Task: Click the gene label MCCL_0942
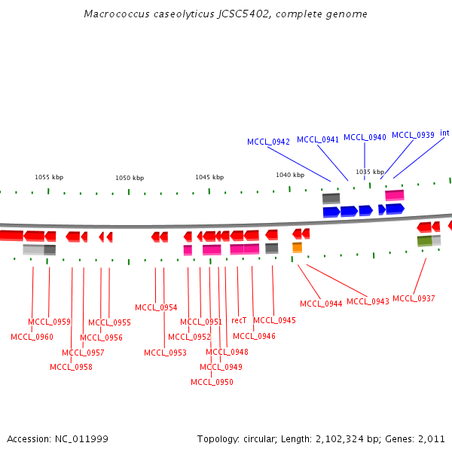click(x=268, y=142)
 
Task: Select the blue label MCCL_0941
click(x=318, y=139)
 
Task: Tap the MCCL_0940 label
click(x=365, y=137)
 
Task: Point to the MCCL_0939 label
click(x=413, y=135)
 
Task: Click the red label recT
click(x=239, y=320)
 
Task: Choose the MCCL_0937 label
click(x=414, y=298)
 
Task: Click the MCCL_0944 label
click(x=321, y=304)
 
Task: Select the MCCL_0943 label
click(x=368, y=301)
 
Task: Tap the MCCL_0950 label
click(x=212, y=382)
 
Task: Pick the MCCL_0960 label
click(x=32, y=337)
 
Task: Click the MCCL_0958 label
click(x=71, y=367)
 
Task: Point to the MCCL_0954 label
click(x=156, y=307)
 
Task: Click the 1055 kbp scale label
click(x=49, y=178)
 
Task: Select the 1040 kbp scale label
click(x=290, y=175)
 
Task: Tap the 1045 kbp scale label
click(x=209, y=178)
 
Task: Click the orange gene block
click(x=297, y=247)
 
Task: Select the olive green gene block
click(x=425, y=241)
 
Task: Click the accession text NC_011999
click(x=57, y=438)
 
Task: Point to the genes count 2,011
click(x=431, y=438)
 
